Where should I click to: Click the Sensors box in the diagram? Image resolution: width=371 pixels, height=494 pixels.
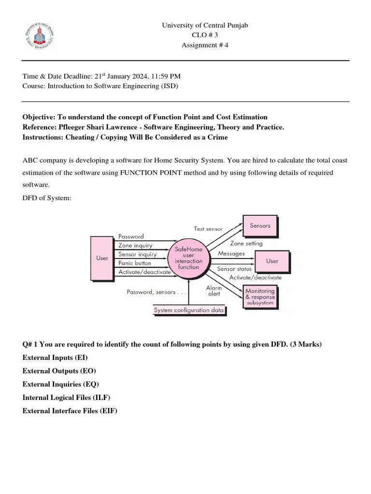pos(260,226)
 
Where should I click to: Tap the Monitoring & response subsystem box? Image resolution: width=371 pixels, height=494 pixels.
pos(260,294)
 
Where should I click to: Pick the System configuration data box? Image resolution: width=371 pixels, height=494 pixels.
pos(188,310)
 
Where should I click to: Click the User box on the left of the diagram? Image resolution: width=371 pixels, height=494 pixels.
pos(102,258)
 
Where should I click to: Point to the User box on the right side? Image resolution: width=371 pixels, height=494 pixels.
pos(272,261)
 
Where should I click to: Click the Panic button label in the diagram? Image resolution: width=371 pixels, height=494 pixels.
pos(135,263)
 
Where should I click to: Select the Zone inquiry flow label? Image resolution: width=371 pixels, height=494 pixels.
pos(135,246)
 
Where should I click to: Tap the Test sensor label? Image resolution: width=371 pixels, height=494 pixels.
pos(208,229)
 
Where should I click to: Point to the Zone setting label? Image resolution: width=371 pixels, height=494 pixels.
pos(246,244)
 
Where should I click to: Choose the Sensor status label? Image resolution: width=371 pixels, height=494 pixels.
pos(234,269)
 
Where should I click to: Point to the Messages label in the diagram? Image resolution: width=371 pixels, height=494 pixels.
pos(231,253)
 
